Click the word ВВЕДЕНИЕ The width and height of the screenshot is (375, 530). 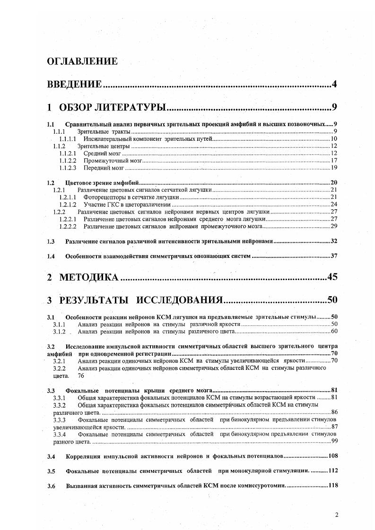75,85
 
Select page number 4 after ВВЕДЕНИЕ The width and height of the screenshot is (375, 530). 334,85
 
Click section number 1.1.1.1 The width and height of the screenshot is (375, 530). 68,139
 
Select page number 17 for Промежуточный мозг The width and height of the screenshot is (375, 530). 333,160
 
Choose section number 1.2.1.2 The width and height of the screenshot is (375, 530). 68,204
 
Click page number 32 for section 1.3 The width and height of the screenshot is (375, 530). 333,241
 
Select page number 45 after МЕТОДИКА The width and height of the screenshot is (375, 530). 331,277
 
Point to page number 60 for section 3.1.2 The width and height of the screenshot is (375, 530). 333,331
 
